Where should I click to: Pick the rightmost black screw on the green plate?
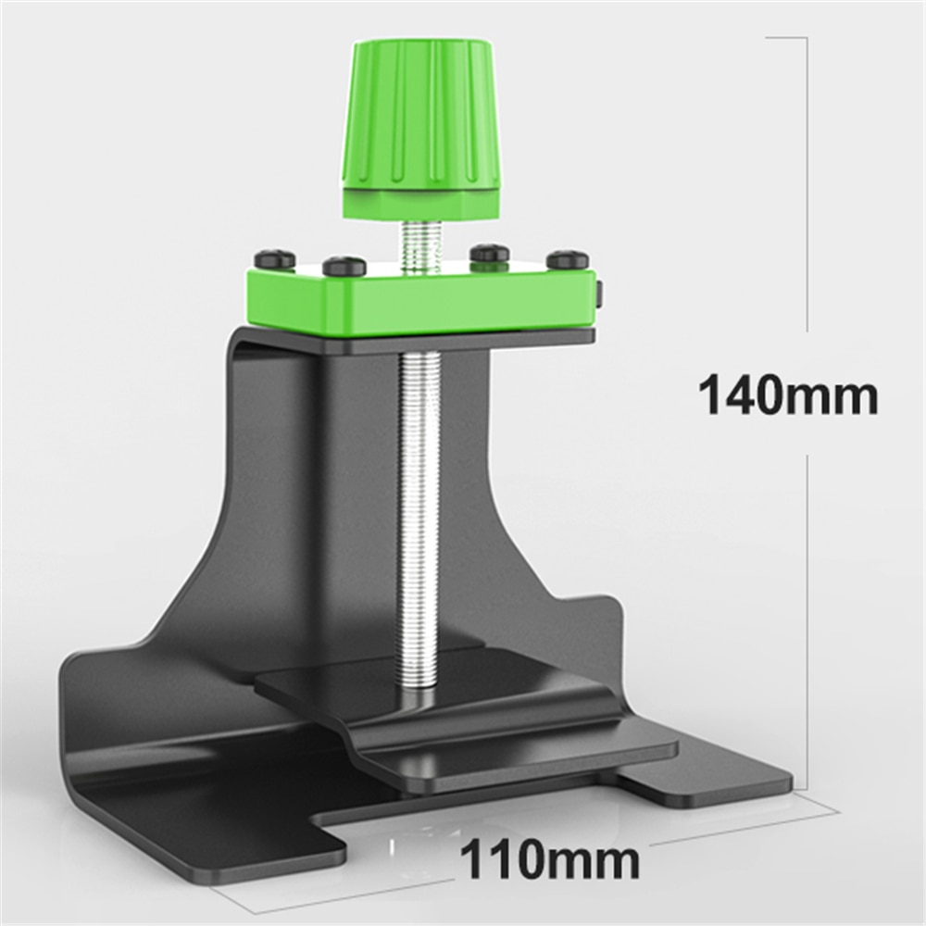568,260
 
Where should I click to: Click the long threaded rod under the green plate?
415,509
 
